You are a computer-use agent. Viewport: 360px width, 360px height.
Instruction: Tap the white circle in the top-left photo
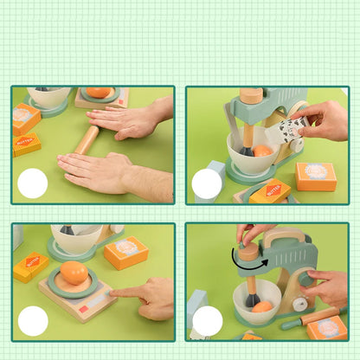(33, 183)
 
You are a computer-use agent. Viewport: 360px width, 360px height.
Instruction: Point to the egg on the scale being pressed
(74, 273)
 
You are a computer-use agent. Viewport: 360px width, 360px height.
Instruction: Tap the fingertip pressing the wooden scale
(115, 292)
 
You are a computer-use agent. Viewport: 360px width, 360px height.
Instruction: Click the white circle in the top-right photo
(207, 183)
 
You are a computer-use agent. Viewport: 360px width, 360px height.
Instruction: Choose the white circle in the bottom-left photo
(33, 321)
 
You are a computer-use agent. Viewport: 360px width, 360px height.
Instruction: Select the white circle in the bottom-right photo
(207, 321)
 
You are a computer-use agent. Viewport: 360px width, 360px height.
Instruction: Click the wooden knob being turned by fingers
(248, 252)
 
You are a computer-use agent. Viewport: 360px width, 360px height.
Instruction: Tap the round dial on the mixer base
(299, 304)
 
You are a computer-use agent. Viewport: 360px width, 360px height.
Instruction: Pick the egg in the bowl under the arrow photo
(261, 306)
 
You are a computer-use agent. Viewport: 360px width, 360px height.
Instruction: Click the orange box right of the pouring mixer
(316, 177)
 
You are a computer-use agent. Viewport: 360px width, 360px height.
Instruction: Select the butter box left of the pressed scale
(30, 266)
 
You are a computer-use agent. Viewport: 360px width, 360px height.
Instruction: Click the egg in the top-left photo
(100, 93)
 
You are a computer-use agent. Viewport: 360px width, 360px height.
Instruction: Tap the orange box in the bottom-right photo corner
(328, 328)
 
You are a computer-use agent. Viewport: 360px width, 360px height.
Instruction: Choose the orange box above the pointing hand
(126, 252)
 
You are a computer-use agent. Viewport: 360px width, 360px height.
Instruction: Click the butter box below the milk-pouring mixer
(271, 191)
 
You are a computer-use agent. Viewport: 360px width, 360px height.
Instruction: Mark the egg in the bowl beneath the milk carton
(263, 151)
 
